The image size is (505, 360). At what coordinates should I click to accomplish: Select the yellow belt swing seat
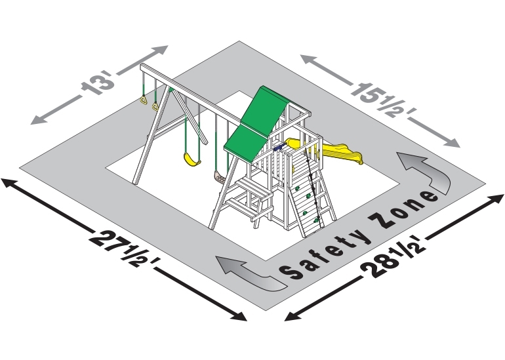(192, 160)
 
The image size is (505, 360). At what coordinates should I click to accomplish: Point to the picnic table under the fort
(251, 198)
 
